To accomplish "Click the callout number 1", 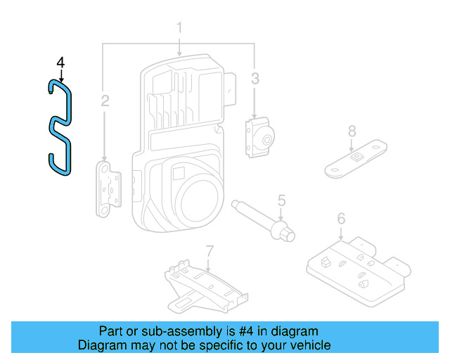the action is point(179,27).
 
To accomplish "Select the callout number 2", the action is point(105,101).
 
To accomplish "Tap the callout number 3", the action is point(255,78).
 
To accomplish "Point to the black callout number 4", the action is point(60,63).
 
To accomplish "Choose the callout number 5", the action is point(281,200).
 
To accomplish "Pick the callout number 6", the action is point(341,219).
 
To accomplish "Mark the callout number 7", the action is point(210,252).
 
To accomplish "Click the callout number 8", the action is point(352,131).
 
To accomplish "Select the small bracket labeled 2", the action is point(108,189).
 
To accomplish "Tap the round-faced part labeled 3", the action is point(259,137).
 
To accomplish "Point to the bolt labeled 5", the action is point(263,221).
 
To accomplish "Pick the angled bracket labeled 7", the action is point(206,287).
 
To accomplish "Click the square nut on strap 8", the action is point(356,157).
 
